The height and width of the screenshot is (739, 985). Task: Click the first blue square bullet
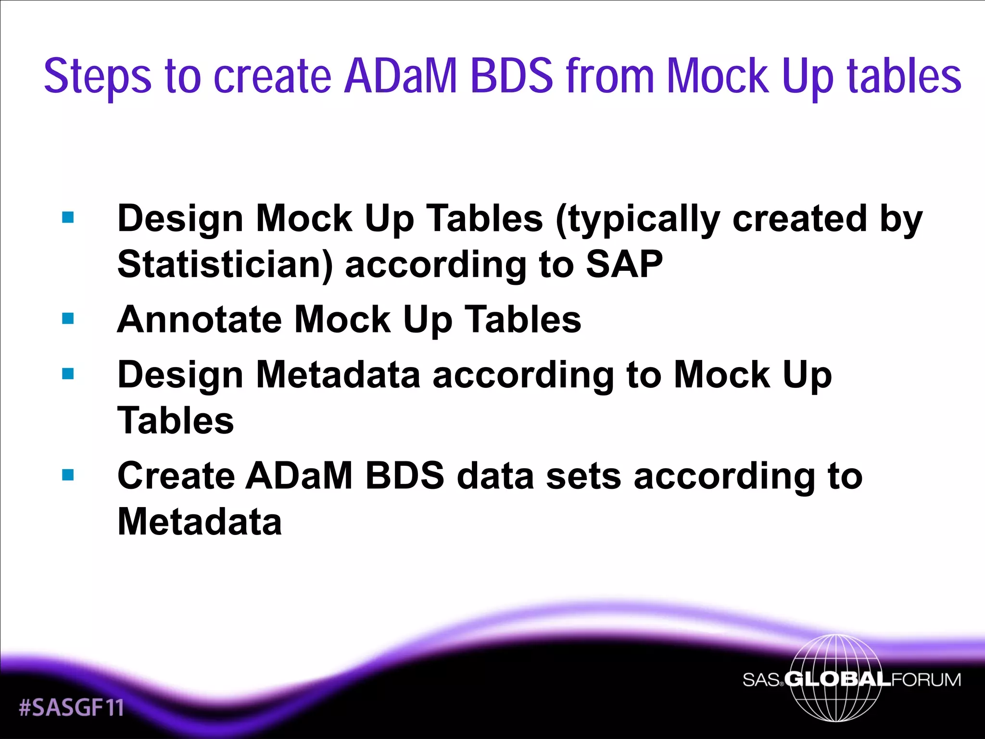tap(68, 217)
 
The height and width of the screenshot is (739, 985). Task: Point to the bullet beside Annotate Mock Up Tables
tap(68, 319)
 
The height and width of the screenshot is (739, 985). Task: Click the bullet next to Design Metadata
tap(68, 374)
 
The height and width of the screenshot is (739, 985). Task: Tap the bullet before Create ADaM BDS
tap(68, 475)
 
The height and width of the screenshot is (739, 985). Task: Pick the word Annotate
tap(200, 319)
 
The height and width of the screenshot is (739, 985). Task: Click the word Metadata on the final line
tap(200, 522)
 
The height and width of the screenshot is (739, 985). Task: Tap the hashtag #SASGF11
tap(71, 708)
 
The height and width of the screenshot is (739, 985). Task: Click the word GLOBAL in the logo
tap(837, 679)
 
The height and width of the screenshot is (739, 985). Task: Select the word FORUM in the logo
tap(926, 679)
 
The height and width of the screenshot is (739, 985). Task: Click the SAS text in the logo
tap(761, 680)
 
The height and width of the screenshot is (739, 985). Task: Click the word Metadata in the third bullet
tap(338, 375)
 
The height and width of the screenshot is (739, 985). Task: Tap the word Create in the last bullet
tap(176, 476)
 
